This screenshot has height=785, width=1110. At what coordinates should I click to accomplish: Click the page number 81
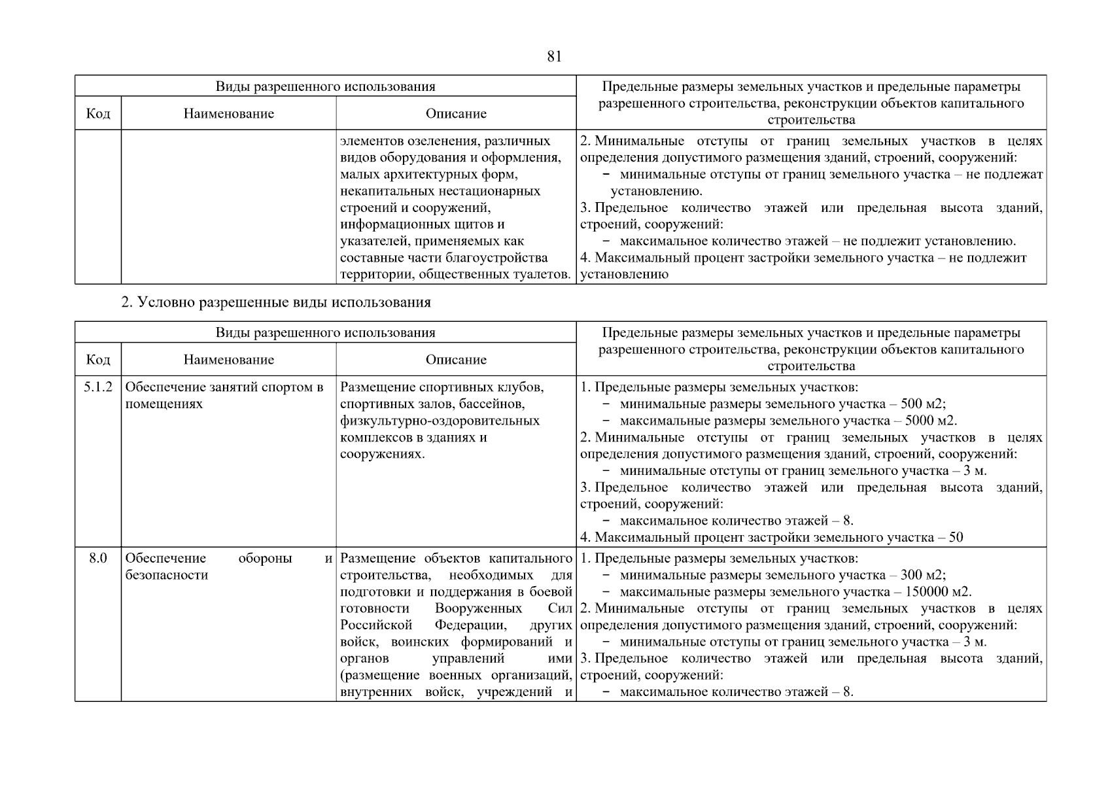553,56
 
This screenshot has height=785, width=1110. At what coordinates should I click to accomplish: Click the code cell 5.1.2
97,387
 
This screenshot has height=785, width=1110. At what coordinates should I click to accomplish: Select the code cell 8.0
97,559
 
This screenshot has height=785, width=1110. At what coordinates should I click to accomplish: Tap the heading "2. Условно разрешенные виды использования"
276,302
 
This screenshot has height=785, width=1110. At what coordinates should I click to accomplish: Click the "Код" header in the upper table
97,114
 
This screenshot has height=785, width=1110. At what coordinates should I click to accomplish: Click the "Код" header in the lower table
97,360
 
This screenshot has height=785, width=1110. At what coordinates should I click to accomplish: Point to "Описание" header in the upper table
456,114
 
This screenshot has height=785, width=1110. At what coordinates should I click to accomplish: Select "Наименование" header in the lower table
228,360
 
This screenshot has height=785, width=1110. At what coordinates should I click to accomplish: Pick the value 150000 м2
938,592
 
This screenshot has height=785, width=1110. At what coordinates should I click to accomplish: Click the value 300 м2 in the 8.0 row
922,576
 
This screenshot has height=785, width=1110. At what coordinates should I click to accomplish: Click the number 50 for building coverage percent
956,538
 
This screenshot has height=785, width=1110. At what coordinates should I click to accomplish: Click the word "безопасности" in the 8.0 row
166,576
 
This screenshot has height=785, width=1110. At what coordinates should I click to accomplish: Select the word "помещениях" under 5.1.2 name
164,404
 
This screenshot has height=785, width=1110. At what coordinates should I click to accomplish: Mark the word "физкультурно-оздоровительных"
440,421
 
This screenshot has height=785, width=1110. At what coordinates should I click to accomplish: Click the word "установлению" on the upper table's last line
624,275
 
